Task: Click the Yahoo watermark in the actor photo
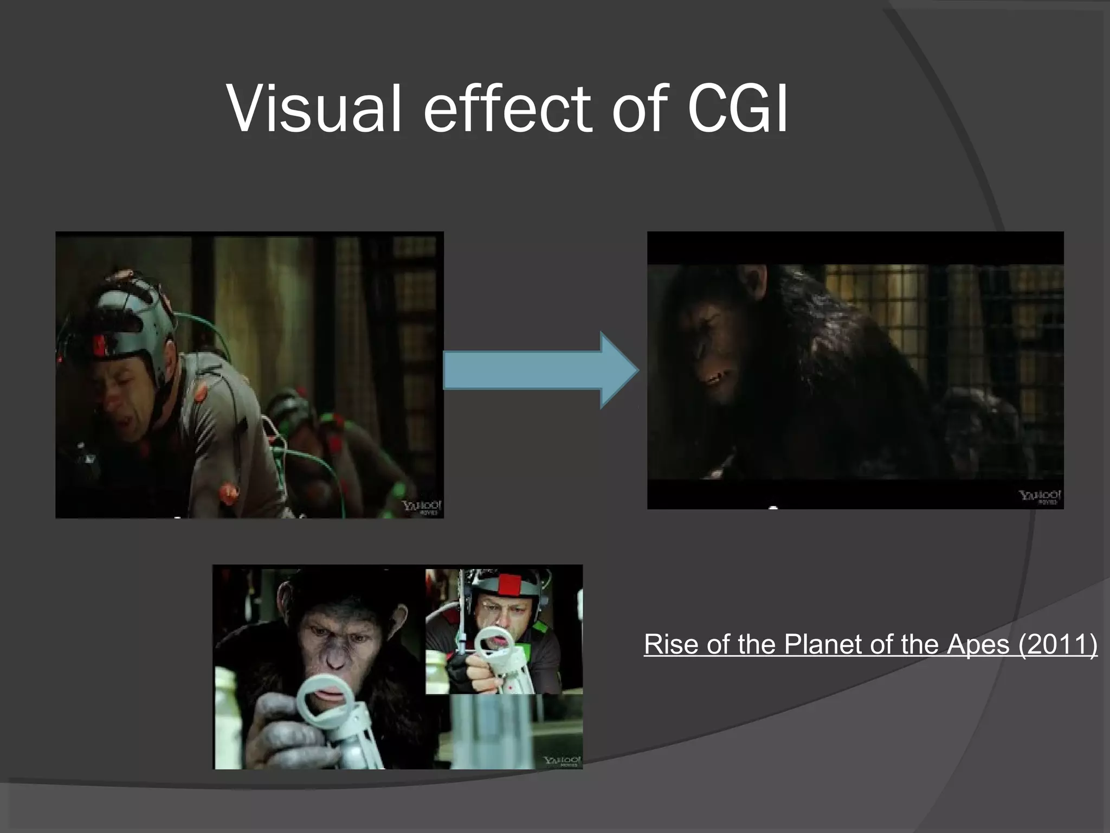point(422,508)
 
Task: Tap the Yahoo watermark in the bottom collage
point(562,761)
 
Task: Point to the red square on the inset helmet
point(509,585)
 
